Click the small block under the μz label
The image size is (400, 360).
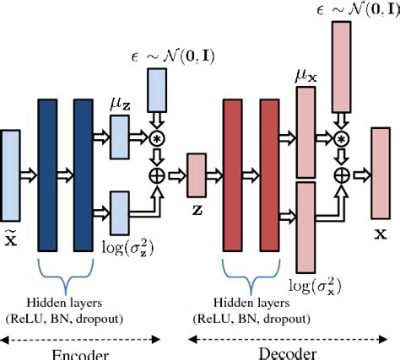[x=117, y=135]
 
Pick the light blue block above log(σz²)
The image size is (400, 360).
[x=117, y=213]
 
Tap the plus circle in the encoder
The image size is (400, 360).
[x=158, y=175]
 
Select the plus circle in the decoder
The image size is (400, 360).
[x=341, y=175]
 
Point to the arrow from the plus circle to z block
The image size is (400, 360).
[x=176, y=175]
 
